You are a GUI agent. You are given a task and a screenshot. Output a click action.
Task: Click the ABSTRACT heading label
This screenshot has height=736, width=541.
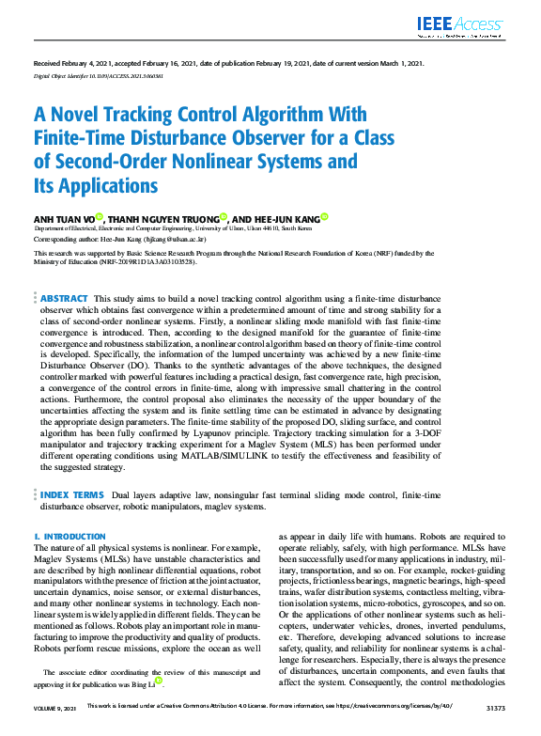pos(64,298)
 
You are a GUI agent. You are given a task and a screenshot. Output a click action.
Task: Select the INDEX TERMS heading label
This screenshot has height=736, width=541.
pos(71,493)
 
